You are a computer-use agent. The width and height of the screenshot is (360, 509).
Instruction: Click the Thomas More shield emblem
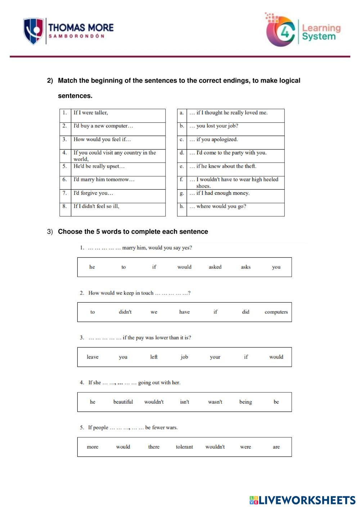tap(33, 31)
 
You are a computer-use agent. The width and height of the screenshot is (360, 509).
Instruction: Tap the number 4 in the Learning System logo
tap(285, 33)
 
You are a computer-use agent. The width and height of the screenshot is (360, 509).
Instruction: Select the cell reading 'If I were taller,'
tap(91, 113)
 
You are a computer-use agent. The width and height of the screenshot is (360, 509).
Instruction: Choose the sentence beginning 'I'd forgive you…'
tap(93, 193)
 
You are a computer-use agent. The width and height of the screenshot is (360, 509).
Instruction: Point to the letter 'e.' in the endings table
tap(182, 166)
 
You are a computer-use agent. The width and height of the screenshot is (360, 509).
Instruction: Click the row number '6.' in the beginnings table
tap(65, 179)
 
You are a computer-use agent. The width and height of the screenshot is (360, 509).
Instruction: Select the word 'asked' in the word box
tap(215, 267)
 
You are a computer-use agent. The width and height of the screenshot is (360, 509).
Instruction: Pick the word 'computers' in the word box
tap(276, 312)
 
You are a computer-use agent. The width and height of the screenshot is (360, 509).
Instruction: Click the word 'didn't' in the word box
tap(125, 312)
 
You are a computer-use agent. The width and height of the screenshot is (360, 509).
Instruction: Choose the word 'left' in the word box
tap(154, 357)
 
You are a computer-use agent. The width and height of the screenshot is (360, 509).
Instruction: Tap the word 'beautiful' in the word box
tap(123, 402)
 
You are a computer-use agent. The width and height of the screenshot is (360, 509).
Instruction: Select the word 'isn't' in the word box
tap(184, 402)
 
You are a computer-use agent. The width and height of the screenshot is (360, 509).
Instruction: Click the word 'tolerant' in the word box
tap(184, 447)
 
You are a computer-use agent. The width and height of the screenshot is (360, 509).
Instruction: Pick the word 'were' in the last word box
tap(246, 447)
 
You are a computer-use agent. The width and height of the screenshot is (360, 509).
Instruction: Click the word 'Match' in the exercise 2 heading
tap(68, 81)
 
